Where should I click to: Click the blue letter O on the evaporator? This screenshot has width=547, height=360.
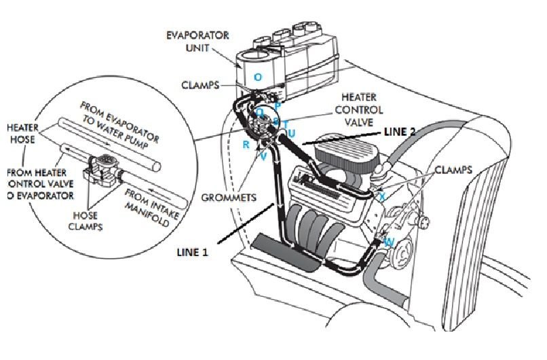tap(257, 77)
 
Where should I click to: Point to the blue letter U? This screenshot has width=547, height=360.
tap(291, 133)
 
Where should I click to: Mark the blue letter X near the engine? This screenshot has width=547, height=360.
tap(382, 196)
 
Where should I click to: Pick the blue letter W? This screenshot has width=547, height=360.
tap(389, 242)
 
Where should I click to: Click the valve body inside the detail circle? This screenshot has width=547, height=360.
tap(104, 167)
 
